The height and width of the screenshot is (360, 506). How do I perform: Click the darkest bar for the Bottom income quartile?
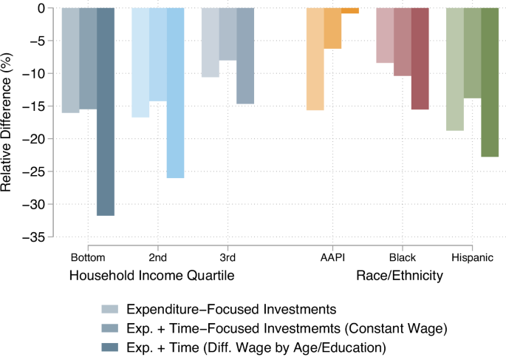tap(106, 111)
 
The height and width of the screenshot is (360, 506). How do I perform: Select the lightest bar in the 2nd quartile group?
tap(140, 62)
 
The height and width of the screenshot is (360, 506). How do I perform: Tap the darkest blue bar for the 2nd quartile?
tap(175, 92)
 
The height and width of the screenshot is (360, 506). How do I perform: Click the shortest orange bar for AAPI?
tap(350, 10)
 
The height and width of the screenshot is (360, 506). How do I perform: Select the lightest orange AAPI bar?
tap(315, 58)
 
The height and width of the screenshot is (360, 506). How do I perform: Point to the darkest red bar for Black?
tap(420, 58)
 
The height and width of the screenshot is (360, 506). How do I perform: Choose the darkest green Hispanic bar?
tap(490, 82)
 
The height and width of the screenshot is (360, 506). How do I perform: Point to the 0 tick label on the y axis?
tap(41, 8)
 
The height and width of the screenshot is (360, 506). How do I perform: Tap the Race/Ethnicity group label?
tap(400, 276)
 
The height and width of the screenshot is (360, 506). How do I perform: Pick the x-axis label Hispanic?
tap(472, 258)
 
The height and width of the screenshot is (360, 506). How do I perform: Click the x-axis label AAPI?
tap(332, 258)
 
